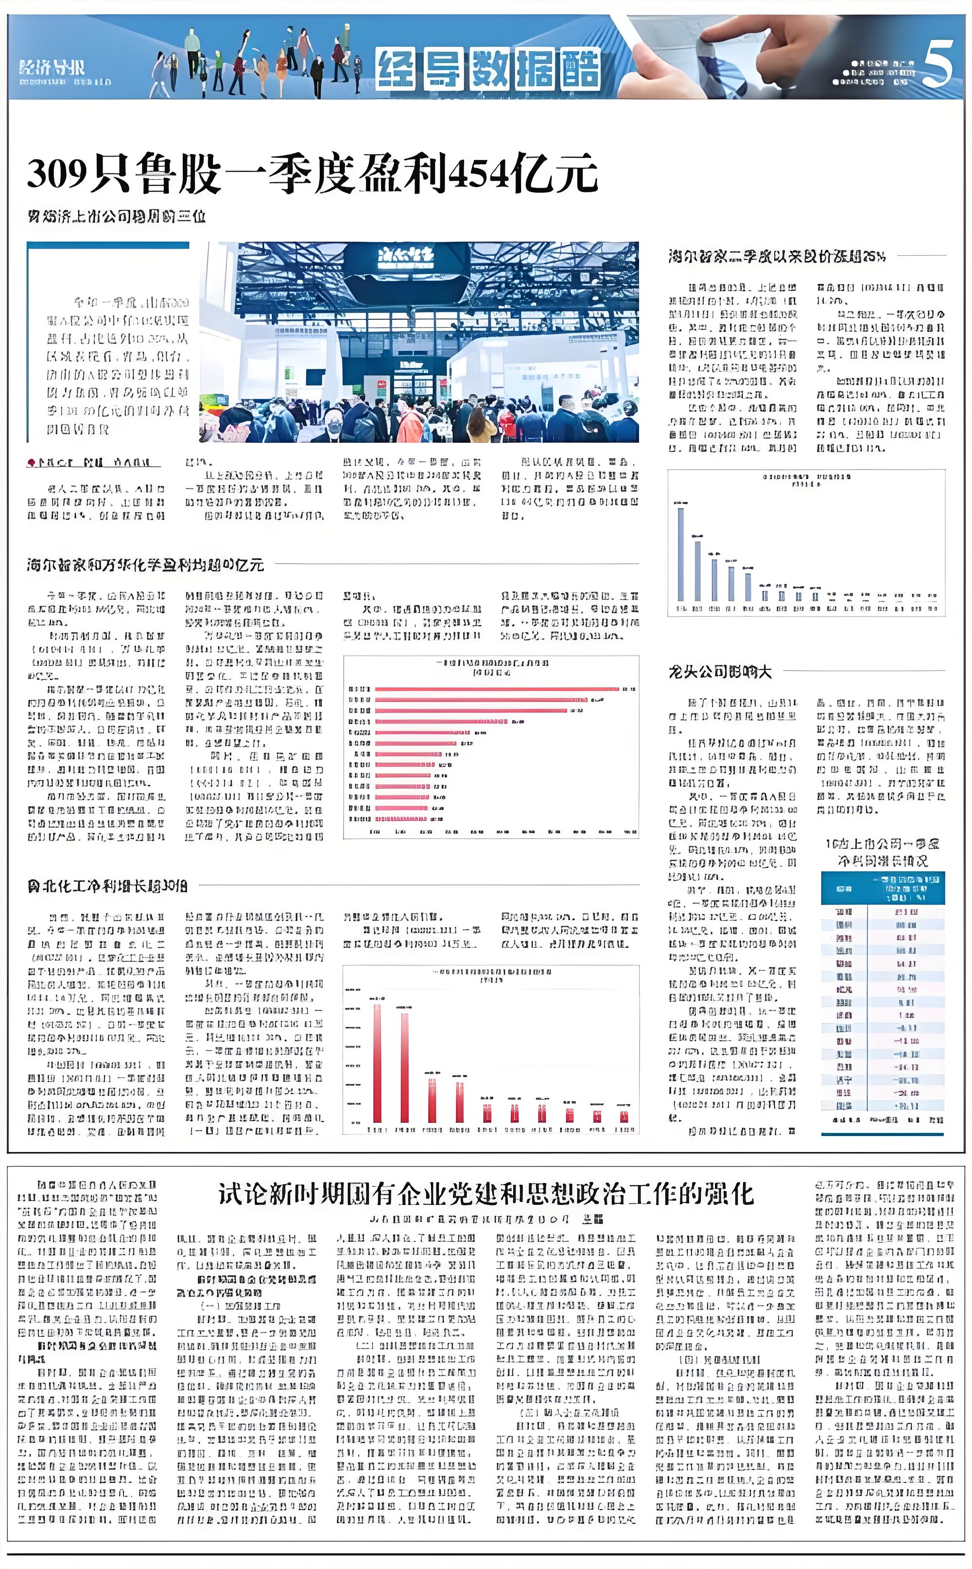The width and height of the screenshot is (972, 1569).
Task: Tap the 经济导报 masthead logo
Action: (x=52, y=68)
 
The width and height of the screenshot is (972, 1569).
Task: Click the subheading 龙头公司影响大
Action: (x=720, y=672)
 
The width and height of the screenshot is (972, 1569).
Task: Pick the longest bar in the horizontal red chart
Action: (x=496, y=689)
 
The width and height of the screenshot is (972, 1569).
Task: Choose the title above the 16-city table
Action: (x=882, y=852)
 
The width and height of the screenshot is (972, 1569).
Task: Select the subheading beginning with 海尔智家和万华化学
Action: (x=145, y=565)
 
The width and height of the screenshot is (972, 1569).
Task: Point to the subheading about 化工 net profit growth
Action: (x=107, y=886)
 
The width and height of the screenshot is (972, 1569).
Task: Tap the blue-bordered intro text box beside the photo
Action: (x=116, y=363)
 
